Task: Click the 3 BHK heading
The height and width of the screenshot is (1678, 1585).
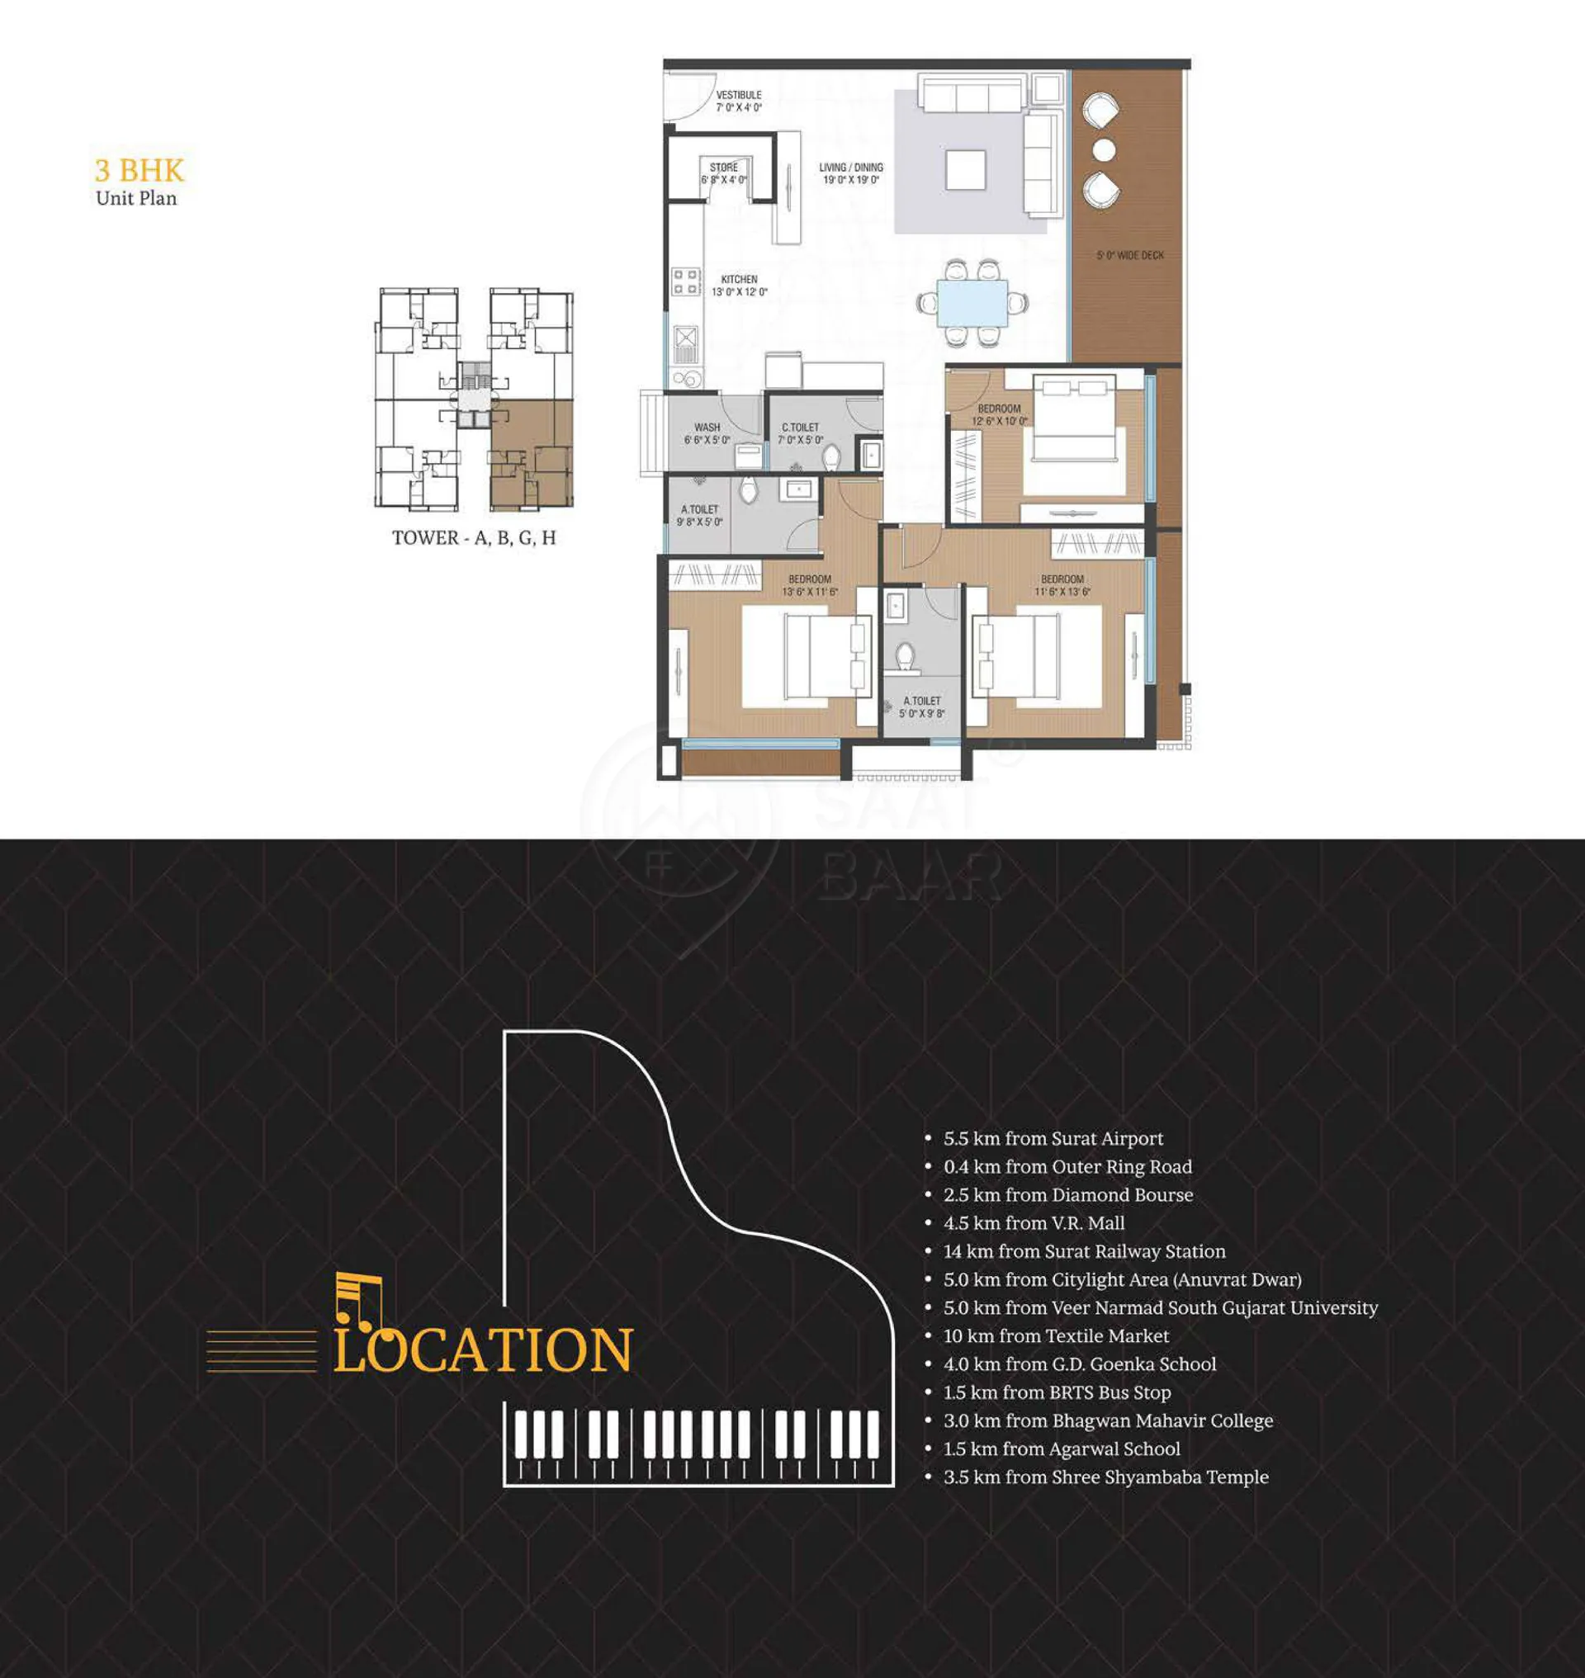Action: click(140, 171)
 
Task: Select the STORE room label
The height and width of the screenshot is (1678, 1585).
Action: click(724, 173)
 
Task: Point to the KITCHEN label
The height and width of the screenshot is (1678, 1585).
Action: click(740, 286)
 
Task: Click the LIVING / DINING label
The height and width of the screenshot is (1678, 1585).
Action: click(851, 173)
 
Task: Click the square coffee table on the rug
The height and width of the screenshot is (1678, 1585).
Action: click(965, 171)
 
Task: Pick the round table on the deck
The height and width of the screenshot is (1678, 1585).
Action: click(1105, 150)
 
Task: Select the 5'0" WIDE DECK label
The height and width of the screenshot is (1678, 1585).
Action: click(1129, 255)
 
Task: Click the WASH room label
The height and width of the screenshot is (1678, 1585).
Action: click(707, 433)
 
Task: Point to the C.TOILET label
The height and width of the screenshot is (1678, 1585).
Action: click(800, 433)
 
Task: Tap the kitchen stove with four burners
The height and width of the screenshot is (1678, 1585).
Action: click(685, 282)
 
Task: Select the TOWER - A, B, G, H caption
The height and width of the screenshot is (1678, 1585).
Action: click(474, 538)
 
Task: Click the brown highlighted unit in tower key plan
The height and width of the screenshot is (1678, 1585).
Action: click(532, 455)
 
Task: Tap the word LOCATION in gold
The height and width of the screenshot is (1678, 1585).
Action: click(482, 1350)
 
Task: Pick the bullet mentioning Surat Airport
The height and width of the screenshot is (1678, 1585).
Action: click(1044, 1138)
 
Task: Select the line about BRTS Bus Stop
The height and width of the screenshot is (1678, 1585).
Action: click(1048, 1392)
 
